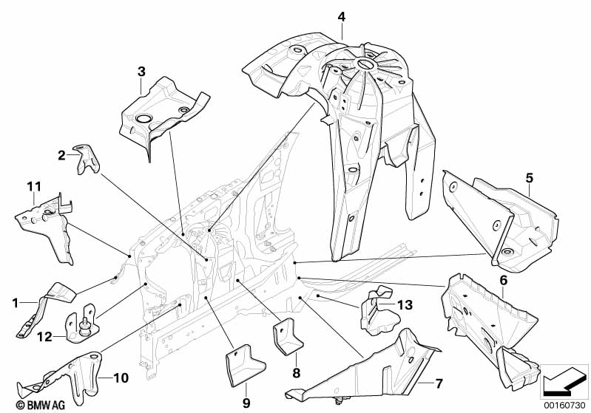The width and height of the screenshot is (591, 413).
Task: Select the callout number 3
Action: [141, 72]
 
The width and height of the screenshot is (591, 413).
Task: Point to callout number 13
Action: [405, 304]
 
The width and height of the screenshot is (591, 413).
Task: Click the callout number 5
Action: [529, 178]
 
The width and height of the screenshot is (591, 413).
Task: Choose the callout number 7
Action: [439, 383]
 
